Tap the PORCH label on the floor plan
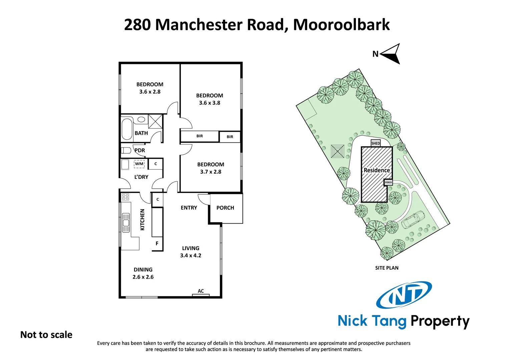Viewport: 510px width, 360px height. pos(225,208)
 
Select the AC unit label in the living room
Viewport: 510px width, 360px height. pos(201,291)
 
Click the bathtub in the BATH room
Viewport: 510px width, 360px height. pos(127,129)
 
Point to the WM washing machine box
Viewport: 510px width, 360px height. pos(139,164)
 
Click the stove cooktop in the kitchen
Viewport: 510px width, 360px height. pos(125,197)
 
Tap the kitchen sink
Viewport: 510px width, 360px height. pos(126,222)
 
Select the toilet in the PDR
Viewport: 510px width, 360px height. pos(126,150)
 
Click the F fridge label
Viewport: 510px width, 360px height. pos(157,244)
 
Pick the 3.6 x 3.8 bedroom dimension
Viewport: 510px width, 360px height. pos(209,103)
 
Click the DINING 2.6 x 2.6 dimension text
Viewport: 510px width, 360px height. pos(143,277)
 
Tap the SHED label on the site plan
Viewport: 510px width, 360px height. pos(376,143)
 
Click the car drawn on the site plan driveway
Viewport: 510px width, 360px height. pos(413,220)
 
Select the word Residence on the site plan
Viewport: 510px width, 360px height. pos(377,170)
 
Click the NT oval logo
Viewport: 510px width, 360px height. pos(404,295)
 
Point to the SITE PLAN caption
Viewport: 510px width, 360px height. pos(387,268)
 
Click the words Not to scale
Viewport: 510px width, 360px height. pos(46,335)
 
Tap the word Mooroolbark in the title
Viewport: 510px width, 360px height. pos(341,25)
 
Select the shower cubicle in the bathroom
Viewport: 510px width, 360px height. pos(155,121)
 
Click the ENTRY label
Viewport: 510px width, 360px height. pos(189,208)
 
